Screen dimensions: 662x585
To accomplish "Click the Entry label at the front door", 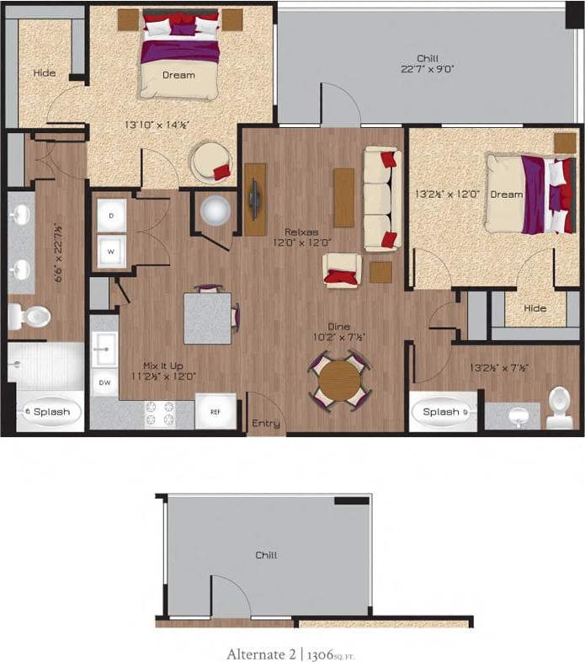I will pos(266,424).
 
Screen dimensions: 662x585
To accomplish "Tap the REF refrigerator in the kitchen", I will pos(215,412).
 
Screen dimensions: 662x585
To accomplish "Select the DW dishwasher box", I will pos(104,382).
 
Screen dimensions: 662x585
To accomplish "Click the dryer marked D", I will pos(111,215).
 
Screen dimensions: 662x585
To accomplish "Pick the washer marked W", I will pos(111,250).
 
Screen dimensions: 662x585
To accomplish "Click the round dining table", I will pos(339,380).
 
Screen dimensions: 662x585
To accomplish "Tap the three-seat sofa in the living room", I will pos(380,199).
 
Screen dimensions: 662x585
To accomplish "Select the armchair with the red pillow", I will pos(343,270).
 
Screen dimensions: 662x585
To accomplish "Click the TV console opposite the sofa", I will pos(254,200).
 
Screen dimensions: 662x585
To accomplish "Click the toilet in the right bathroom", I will pos(560,407).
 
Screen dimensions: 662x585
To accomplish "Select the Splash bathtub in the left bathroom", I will pos(50,412).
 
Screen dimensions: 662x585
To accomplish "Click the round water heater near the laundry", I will pos(215,211).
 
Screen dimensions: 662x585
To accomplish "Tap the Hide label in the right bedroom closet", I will pos(534,308).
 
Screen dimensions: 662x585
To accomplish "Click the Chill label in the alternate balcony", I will pos(266,555).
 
